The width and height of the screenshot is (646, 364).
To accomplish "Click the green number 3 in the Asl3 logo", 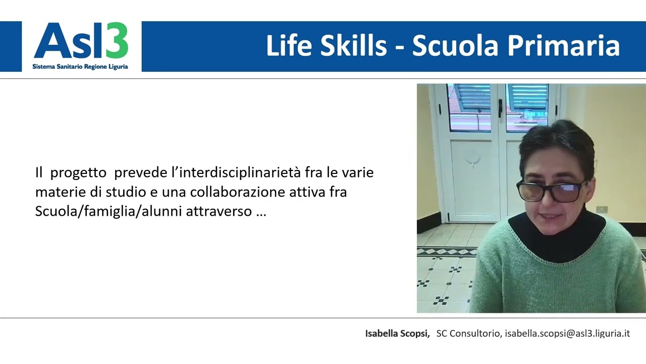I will (x=118, y=41).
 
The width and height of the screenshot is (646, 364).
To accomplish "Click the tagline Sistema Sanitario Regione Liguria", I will (x=80, y=66).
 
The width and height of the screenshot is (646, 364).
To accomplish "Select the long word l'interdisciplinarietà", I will (x=233, y=172).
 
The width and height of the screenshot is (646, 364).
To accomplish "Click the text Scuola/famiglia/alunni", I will (x=109, y=211).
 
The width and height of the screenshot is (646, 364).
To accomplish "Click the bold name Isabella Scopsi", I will (x=397, y=333).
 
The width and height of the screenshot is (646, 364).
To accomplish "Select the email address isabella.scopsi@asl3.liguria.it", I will (x=567, y=333).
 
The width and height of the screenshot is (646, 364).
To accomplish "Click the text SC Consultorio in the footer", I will (x=468, y=333).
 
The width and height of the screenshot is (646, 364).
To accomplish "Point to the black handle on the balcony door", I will (x=500, y=107).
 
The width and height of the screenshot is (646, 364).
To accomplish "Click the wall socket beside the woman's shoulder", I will (x=602, y=209).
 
